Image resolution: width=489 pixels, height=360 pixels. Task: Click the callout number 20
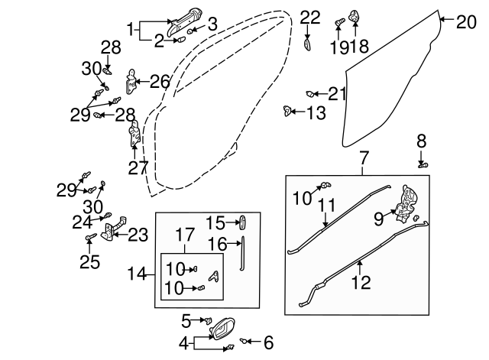coord(466,21)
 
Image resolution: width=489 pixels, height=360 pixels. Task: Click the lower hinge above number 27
coord(134,135)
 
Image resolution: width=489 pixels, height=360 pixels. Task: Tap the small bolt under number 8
coord(423,163)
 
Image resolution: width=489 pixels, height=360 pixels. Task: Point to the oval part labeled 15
coord(244,222)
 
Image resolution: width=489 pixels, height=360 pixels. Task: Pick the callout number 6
coord(267,343)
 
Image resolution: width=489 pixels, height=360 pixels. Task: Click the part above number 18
coord(355,15)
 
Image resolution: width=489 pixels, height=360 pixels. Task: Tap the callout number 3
coord(212,24)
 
